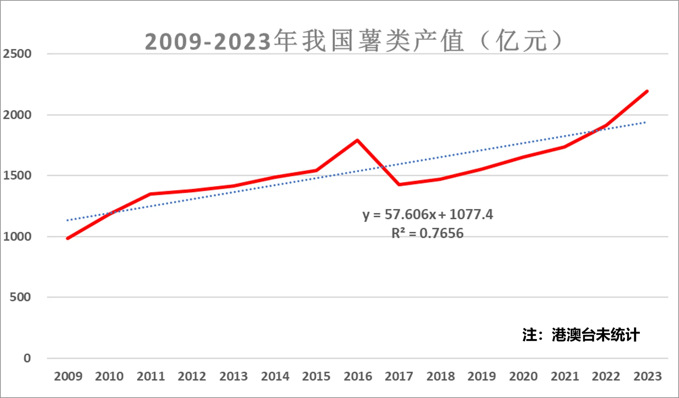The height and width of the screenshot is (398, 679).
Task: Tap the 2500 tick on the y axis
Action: point(17,54)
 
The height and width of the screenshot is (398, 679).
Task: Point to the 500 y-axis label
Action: point(20,297)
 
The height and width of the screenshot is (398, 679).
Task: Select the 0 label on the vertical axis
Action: point(27,358)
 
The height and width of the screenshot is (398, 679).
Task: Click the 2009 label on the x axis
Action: point(68,376)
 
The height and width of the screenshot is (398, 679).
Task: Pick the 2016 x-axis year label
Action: point(358,376)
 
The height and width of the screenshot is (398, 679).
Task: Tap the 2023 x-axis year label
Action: point(647,376)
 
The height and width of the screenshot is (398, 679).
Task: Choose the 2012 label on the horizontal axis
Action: point(192,376)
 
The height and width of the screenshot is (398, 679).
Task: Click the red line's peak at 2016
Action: point(357,140)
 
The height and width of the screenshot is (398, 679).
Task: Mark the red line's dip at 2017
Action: point(399,184)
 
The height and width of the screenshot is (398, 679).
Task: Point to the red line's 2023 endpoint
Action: point(647,91)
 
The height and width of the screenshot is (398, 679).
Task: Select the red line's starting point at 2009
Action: point(68,238)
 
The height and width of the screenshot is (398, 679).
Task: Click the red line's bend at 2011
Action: point(151,194)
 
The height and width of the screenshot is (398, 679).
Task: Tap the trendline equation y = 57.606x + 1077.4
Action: point(427,214)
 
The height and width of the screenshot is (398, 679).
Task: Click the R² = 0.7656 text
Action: point(427,233)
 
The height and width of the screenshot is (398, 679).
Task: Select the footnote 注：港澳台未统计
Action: point(581,335)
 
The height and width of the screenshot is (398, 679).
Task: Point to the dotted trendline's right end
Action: point(645,122)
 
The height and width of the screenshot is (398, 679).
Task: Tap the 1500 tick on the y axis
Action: point(17,175)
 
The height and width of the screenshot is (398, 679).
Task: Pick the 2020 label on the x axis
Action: point(523,376)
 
